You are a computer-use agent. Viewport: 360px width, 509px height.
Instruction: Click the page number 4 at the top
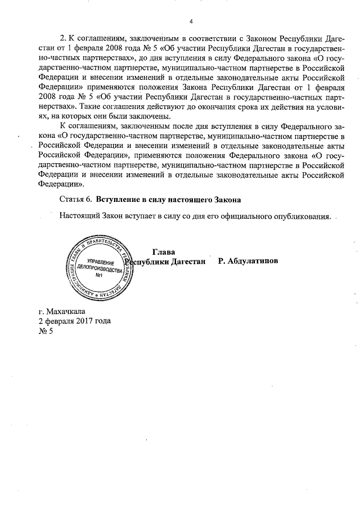(x=191, y=22)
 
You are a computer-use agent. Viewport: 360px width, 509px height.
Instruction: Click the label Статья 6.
(x=75, y=200)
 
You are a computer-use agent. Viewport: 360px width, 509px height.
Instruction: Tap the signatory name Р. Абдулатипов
(x=248, y=262)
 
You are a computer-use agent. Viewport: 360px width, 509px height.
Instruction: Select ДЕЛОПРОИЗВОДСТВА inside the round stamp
(x=100, y=269)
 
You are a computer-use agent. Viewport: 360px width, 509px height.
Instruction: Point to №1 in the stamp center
(x=99, y=276)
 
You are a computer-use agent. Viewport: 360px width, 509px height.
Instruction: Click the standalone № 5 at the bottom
(x=45, y=331)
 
